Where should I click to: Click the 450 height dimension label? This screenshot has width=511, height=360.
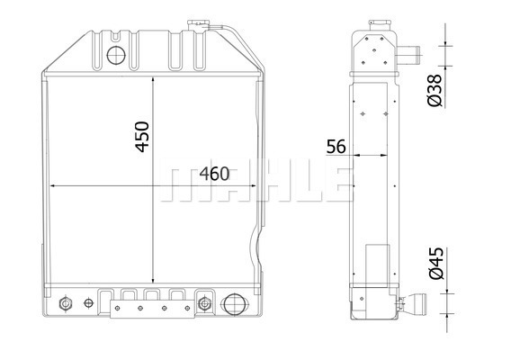coord(142,137)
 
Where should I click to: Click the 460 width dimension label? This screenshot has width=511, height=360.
coord(214,174)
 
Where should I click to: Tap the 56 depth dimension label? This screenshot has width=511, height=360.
coord(336,147)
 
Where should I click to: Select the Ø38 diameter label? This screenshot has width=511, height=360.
coord(435,90)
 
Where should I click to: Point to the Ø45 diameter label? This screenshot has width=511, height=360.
coord(436,263)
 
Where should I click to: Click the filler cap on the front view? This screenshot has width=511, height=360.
coord(197,25)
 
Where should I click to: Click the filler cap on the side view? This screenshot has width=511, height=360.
coord(380,25)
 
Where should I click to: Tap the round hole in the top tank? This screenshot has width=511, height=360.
coord(116,55)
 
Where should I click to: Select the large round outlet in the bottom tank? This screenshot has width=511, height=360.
coord(235,304)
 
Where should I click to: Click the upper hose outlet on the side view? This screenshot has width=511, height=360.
coord(408,55)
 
